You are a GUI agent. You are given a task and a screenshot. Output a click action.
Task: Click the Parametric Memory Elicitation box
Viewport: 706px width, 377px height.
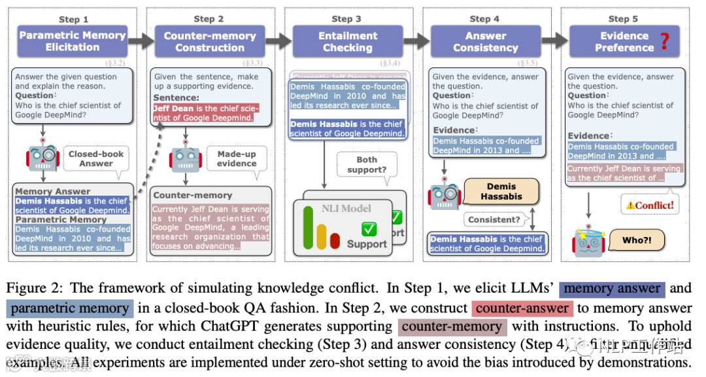coord(73,41)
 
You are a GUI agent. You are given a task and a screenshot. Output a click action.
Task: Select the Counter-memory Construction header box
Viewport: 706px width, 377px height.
coord(210,41)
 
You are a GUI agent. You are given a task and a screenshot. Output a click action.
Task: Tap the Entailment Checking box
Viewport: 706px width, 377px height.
coord(347,41)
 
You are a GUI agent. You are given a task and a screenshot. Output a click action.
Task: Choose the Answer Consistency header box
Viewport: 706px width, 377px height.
coord(485,41)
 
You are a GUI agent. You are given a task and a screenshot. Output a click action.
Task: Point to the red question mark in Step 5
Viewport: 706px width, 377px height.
coord(664,41)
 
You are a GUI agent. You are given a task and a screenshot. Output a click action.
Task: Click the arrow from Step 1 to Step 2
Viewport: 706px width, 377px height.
coord(140,41)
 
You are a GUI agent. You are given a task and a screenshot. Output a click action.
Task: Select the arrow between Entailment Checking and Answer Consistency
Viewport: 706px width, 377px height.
coord(416,41)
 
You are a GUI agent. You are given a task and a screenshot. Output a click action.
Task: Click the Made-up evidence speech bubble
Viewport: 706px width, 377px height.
coord(237,158)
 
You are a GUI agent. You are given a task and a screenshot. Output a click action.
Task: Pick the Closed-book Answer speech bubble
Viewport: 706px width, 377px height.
coord(96,158)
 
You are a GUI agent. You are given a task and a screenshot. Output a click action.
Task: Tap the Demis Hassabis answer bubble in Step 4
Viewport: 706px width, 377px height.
coord(501,191)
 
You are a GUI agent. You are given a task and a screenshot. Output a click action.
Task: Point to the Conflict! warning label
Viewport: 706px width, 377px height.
coord(649,205)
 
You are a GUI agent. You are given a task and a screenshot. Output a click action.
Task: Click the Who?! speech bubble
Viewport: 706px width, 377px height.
coord(633,240)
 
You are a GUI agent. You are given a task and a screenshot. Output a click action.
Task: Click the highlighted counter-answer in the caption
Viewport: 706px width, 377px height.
coord(522,308)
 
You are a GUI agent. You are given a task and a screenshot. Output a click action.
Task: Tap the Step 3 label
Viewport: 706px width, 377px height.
coord(346,19)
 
